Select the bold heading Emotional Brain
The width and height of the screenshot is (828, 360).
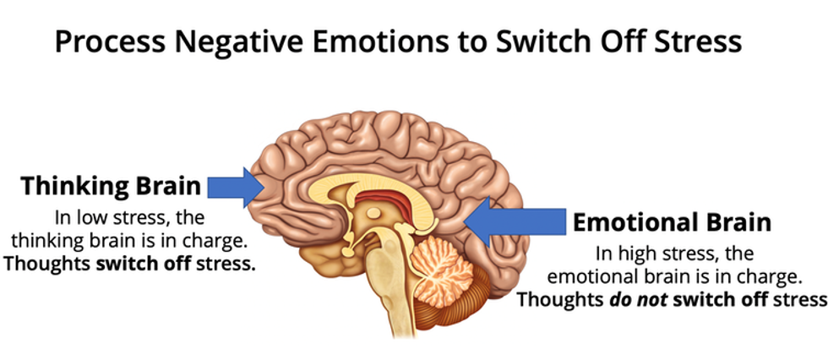click(672, 222)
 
